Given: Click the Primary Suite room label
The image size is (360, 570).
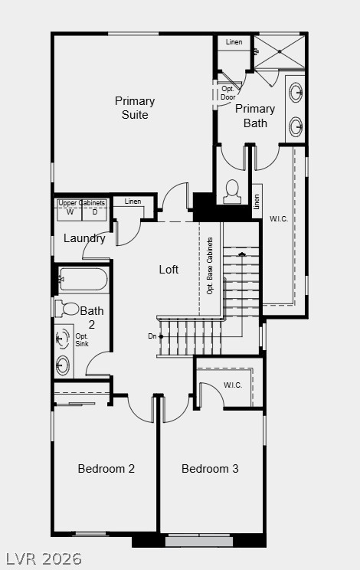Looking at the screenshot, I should [135, 108].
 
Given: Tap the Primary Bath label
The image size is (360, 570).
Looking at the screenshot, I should [254, 116].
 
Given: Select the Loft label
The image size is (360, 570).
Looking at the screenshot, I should [169, 270].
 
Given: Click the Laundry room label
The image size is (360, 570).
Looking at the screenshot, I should [84, 238].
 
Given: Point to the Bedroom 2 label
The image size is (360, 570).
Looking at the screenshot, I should [106, 469].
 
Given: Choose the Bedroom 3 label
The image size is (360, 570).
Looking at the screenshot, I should [210, 469].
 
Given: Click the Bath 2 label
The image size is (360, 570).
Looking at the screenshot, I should [92, 317].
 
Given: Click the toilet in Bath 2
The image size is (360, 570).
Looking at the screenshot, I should [68, 309].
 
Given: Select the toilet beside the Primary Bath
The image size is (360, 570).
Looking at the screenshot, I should [232, 193].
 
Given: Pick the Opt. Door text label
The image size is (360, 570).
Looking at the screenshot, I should [228, 91].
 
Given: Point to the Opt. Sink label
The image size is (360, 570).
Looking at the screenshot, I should [82, 340].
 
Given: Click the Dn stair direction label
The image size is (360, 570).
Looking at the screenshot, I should [152, 336].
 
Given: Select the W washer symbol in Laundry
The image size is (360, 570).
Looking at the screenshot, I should [69, 212].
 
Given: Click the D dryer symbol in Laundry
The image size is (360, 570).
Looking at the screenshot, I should [95, 212].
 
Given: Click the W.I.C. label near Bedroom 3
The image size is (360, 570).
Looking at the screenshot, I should [233, 385].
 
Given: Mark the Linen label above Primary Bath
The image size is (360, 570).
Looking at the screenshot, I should [234, 42].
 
